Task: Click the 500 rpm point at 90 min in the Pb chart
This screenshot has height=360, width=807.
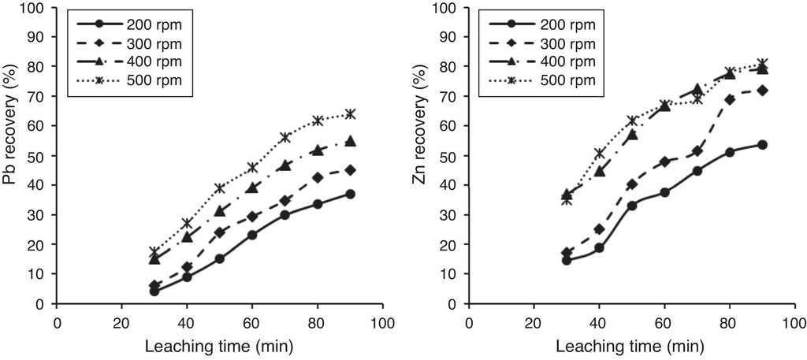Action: click(x=350, y=114)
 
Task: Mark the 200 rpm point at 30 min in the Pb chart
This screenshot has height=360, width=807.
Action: click(x=154, y=291)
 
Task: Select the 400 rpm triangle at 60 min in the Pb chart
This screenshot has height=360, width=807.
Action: click(x=252, y=188)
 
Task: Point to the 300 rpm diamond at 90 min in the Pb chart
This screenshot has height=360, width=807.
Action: click(x=350, y=170)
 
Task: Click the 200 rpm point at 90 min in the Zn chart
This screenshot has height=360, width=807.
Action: click(x=762, y=145)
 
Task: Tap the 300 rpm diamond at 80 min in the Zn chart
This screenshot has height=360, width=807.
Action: click(x=730, y=100)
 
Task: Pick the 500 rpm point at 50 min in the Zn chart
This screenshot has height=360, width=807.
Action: click(x=632, y=121)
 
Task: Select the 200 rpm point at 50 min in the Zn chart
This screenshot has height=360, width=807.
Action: click(x=632, y=206)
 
